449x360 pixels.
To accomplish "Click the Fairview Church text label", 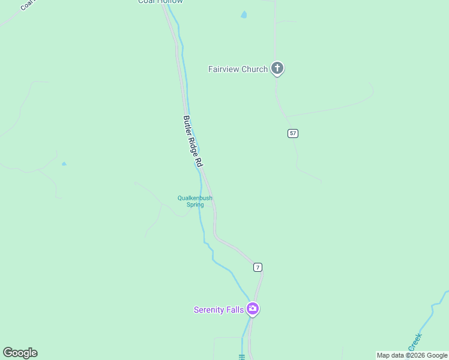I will click(238, 69).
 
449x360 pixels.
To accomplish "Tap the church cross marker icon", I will click(277, 68).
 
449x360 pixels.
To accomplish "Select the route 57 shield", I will click(292, 133).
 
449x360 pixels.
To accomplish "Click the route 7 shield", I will click(258, 267).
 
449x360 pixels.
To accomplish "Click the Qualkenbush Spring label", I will click(194, 201).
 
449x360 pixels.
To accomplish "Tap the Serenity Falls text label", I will click(218, 310).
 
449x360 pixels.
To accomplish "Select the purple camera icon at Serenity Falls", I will click(253, 309).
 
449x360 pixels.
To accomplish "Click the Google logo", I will click(20, 353).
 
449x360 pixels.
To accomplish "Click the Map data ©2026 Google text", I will click(412, 355).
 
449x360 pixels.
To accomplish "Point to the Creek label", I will click(415, 343).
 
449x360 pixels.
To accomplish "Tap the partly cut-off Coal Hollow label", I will click(160, 2).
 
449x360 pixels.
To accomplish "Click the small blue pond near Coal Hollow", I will click(244, 15).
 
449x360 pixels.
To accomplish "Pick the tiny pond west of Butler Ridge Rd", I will click(64, 163).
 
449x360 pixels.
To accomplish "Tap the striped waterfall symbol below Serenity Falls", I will click(242, 356).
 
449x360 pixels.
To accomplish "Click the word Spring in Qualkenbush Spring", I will click(194, 205).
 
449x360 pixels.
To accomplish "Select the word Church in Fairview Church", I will click(254, 69).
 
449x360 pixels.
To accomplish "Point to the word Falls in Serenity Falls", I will click(234, 310).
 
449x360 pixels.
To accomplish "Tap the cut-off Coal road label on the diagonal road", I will click(26, 5).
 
